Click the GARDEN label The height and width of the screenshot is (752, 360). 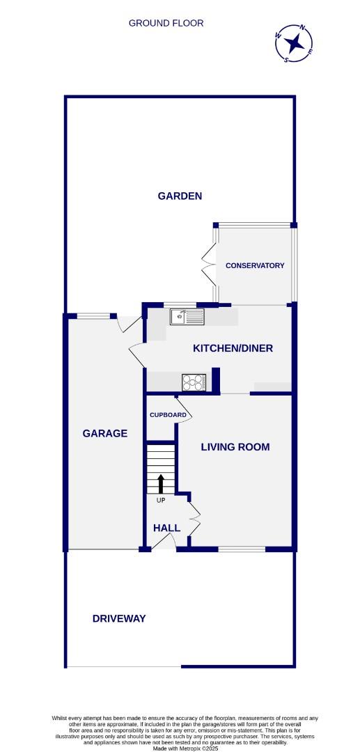click(180, 196)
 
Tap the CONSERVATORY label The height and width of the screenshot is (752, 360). click(255, 265)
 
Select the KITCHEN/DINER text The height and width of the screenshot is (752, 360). click(233, 349)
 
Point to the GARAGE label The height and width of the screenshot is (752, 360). click(105, 433)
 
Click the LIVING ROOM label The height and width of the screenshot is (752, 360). click(235, 447)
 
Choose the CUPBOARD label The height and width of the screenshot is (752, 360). click(168, 415)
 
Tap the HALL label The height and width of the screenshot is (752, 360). click(166, 528)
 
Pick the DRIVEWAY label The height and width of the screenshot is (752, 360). click(119, 618)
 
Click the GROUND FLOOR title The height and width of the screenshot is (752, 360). click(166, 23)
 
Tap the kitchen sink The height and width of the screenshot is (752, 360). click(187, 318)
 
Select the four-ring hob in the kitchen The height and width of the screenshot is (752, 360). click(194, 382)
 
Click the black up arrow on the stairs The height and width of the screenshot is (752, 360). click(162, 483)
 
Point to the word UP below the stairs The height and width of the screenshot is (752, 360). click(161, 500)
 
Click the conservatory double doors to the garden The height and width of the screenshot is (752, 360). click(208, 265)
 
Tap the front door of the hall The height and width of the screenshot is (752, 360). click(164, 544)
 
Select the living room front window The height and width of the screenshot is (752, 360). click(242, 549)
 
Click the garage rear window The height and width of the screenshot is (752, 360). click(93, 316)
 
